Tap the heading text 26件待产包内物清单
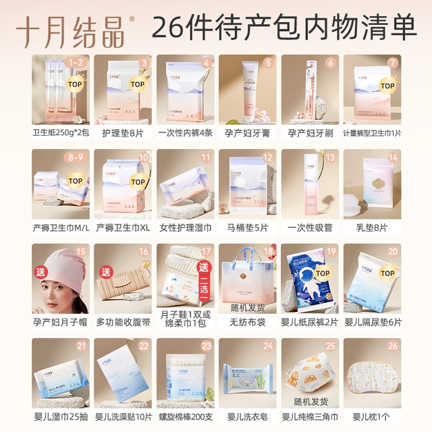click(283, 28)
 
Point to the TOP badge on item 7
click(387, 86)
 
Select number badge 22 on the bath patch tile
click(144, 347)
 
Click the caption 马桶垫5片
click(248, 227)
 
